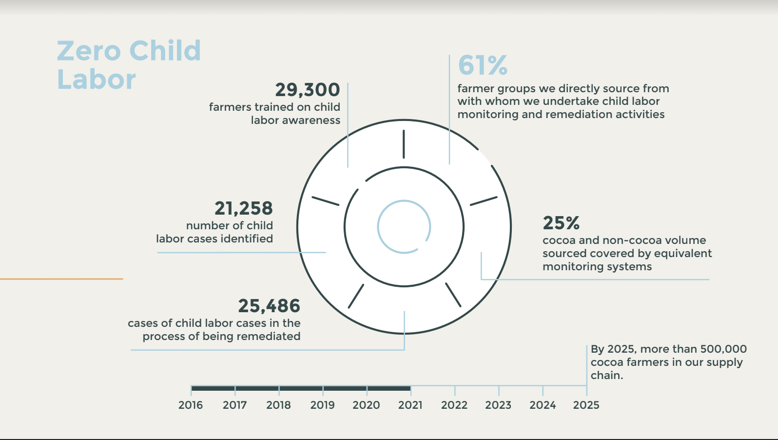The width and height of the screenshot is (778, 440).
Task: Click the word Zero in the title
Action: pyautogui.click(x=88, y=51)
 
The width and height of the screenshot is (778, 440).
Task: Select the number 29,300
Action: pyautogui.click(x=307, y=90)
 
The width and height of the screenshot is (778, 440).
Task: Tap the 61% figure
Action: pyautogui.click(x=483, y=65)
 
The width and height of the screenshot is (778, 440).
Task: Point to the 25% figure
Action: pyautogui.click(x=561, y=223)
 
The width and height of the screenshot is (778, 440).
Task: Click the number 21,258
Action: pyautogui.click(x=243, y=208)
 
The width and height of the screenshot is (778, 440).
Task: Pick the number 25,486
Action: pyautogui.click(x=269, y=306)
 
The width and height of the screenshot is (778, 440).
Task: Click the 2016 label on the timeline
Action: pyautogui.click(x=191, y=405)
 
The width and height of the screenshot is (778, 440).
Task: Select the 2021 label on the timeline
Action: pyautogui.click(x=410, y=405)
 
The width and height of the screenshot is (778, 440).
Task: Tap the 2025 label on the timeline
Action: pyautogui.click(x=586, y=405)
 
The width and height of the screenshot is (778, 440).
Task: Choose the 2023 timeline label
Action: pyautogui.click(x=498, y=405)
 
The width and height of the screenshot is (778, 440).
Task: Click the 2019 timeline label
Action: pyautogui.click(x=322, y=405)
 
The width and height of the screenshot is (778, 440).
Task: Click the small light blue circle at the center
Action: pyautogui.click(x=404, y=227)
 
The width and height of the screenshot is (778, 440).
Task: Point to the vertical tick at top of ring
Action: pyautogui.click(x=404, y=144)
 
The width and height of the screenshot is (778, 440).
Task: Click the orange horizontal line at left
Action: pyautogui.click(x=61, y=279)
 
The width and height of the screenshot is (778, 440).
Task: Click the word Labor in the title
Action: pyautogui.click(x=96, y=80)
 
